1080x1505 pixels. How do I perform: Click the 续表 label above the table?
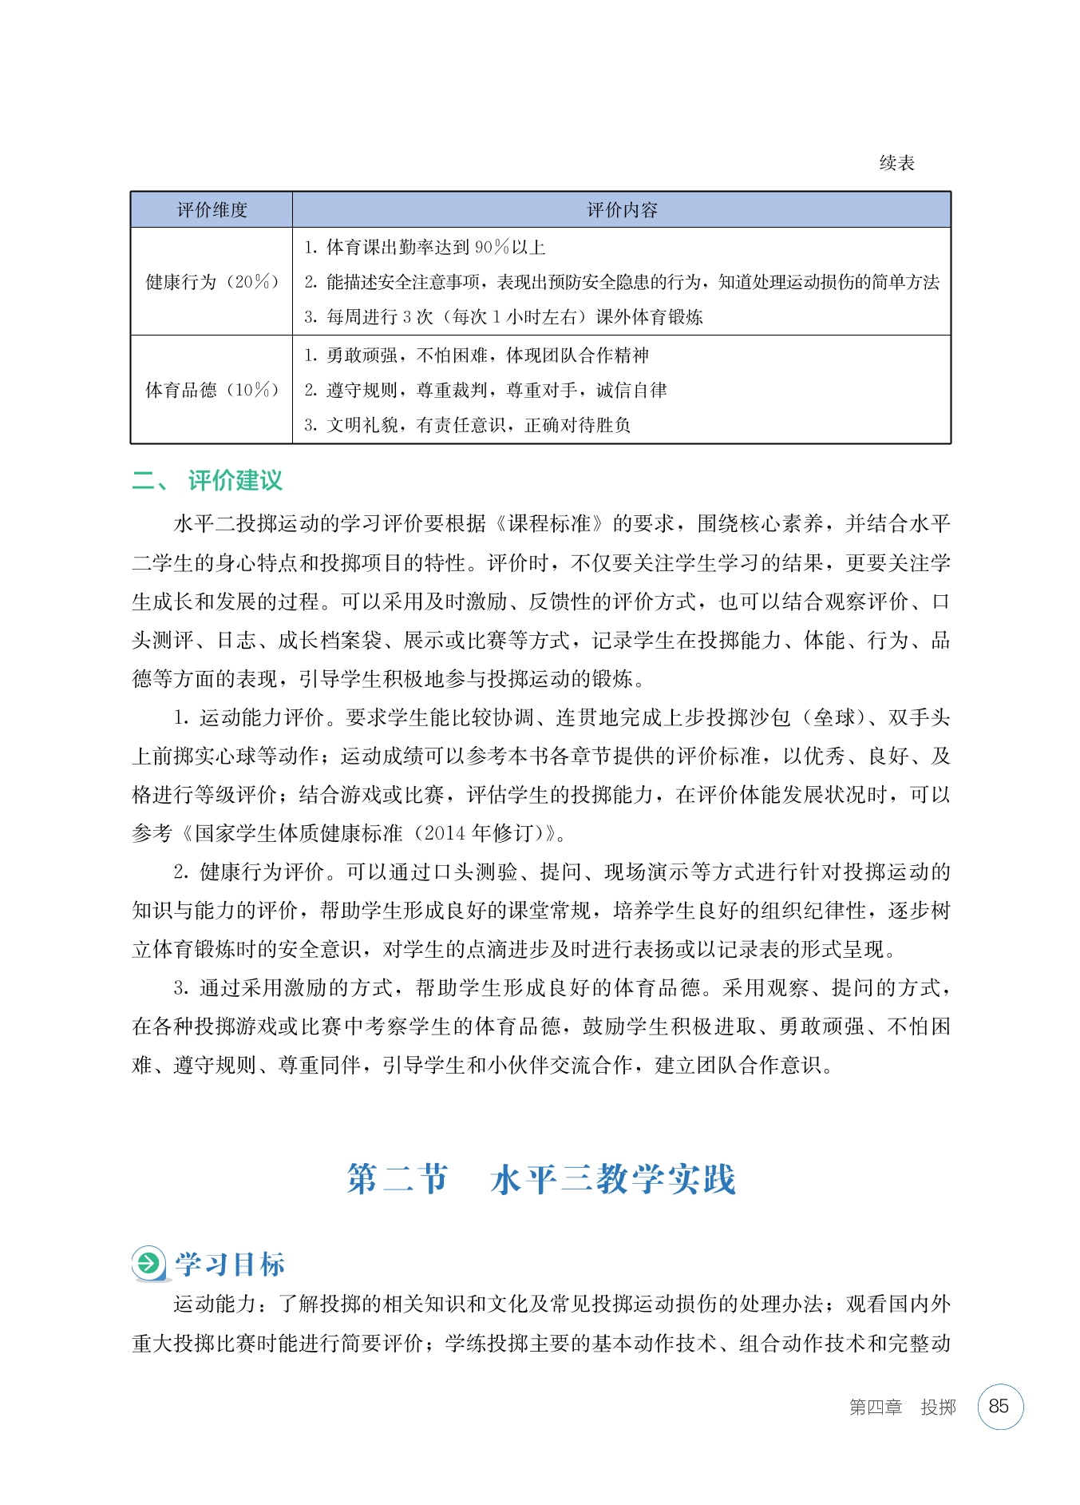pyautogui.click(x=896, y=163)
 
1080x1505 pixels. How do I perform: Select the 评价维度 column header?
pyautogui.click(x=212, y=210)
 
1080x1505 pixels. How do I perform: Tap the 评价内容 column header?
pyautogui.click(x=622, y=210)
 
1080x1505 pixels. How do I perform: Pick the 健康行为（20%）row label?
pyautogui.click(x=212, y=282)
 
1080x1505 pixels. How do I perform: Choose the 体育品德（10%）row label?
pyautogui.click(x=212, y=390)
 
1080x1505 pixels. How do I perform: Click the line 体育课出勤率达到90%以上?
pyautogui.click(x=425, y=248)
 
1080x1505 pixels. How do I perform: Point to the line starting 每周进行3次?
pyautogui.click(x=503, y=317)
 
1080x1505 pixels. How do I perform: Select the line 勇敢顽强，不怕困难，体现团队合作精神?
pyautogui.click(x=477, y=355)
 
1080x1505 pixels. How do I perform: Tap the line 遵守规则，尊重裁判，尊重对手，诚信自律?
pyautogui.click(x=485, y=390)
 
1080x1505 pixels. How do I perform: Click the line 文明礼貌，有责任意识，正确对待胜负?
pyautogui.click(x=467, y=425)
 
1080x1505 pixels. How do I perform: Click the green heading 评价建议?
pyautogui.click(x=235, y=481)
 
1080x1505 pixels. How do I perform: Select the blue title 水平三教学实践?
pyautogui.click(x=612, y=1180)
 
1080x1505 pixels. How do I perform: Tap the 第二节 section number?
pyautogui.click(x=398, y=1180)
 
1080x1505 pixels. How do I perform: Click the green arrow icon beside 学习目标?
pyautogui.click(x=148, y=1264)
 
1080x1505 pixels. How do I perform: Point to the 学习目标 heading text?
pyautogui.click(x=230, y=1265)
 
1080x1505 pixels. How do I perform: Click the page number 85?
pyautogui.click(x=999, y=1407)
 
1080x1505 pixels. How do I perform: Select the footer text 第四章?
pyautogui.click(x=875, y=1408)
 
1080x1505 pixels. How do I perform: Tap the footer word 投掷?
pyautogui.click(x=938, y=1408)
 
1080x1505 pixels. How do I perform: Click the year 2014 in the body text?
pyautogui.click(x=445, y=833)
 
